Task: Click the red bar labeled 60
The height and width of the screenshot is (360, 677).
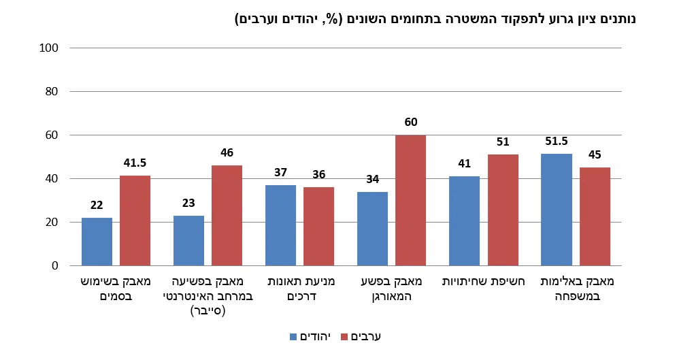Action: [x=410, y=200]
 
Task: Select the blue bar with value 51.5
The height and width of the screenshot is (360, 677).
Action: [x=556, y=210]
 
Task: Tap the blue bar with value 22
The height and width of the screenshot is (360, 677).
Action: [x=97, y=242]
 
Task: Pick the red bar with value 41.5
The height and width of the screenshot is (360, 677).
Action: [x=135, y=220]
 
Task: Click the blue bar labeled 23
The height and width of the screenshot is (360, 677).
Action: [x=188, y=240]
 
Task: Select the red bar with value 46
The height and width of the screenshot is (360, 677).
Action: [x=227, y=215]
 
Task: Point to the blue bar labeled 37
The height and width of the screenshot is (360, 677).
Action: [x=280, y=225]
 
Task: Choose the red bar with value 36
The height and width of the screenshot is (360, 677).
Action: [x=318, y=226]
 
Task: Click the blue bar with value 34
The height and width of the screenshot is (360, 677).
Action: [x=372, y=229]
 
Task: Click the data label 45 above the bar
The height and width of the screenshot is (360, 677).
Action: [x=595, y=154]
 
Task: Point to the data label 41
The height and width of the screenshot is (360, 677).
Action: [x=464, y=163]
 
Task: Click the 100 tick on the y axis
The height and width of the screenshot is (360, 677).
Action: [x=51, y=48]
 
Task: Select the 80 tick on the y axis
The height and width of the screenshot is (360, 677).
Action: [x=54, y=92]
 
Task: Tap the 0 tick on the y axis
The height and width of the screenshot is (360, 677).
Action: [x=56, y=266]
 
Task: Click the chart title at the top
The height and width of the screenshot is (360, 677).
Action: [x=435, y=18]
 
